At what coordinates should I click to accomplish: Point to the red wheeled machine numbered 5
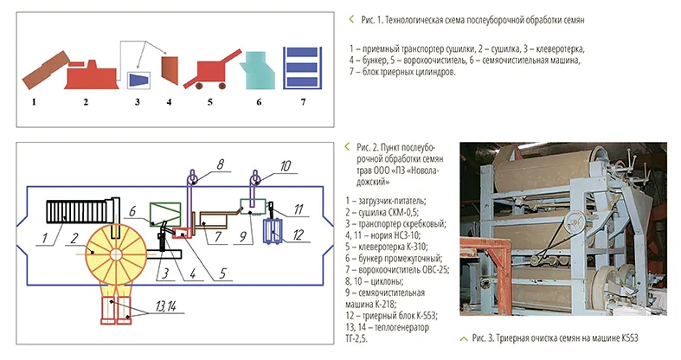coord(213,70)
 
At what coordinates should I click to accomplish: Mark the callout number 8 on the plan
coord(221,162)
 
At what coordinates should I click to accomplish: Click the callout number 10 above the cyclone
coord(286,162)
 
